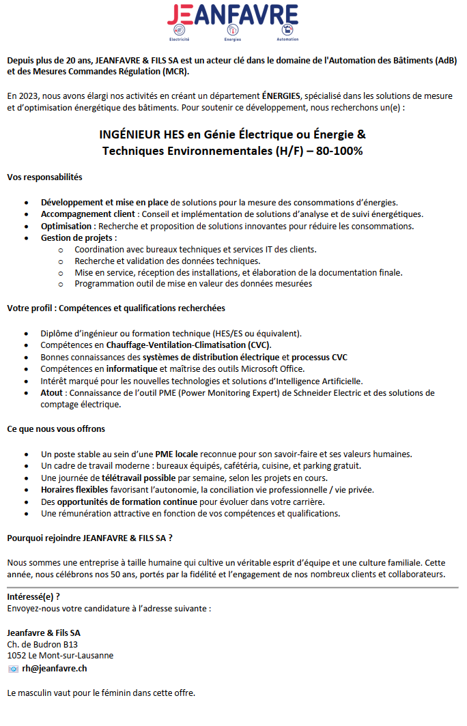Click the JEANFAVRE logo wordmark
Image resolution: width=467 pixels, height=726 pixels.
tap(233, 14)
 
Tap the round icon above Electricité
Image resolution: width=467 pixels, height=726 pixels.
tap(181, 30)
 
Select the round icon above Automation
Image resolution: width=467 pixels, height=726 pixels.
tap(287, 30)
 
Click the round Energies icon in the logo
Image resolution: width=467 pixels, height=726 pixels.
tap(233, 30)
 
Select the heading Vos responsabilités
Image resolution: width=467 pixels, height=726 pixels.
tap(44, 177)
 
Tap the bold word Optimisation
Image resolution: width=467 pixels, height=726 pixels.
tap(67, 226)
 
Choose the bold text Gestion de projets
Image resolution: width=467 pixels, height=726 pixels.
tap(78, 237)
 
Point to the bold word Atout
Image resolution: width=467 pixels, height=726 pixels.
tap(52, 393)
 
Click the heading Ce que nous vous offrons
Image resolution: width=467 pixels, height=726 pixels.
tap(56, 429)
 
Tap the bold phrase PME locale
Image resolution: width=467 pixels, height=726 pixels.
tap(177, 454)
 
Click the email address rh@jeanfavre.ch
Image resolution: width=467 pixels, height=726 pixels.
tap(55, 669)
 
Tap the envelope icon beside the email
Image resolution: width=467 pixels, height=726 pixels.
tap(12, 669)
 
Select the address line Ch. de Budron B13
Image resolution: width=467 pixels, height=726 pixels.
tap(42, 644)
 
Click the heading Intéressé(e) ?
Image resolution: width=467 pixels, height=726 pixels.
tap(38, 596)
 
